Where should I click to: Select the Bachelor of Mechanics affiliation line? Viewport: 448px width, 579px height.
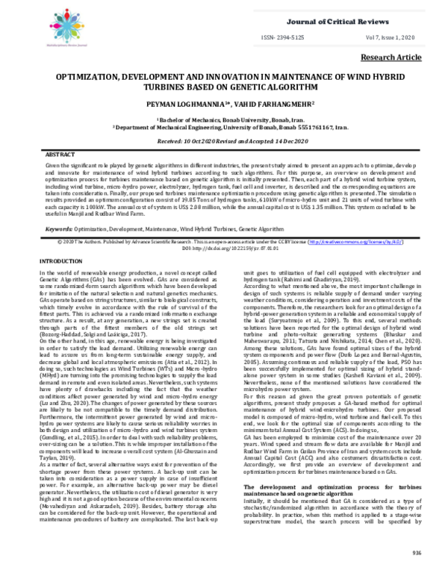(x=223, y=119)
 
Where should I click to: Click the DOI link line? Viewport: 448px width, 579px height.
(x=223, y=228)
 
